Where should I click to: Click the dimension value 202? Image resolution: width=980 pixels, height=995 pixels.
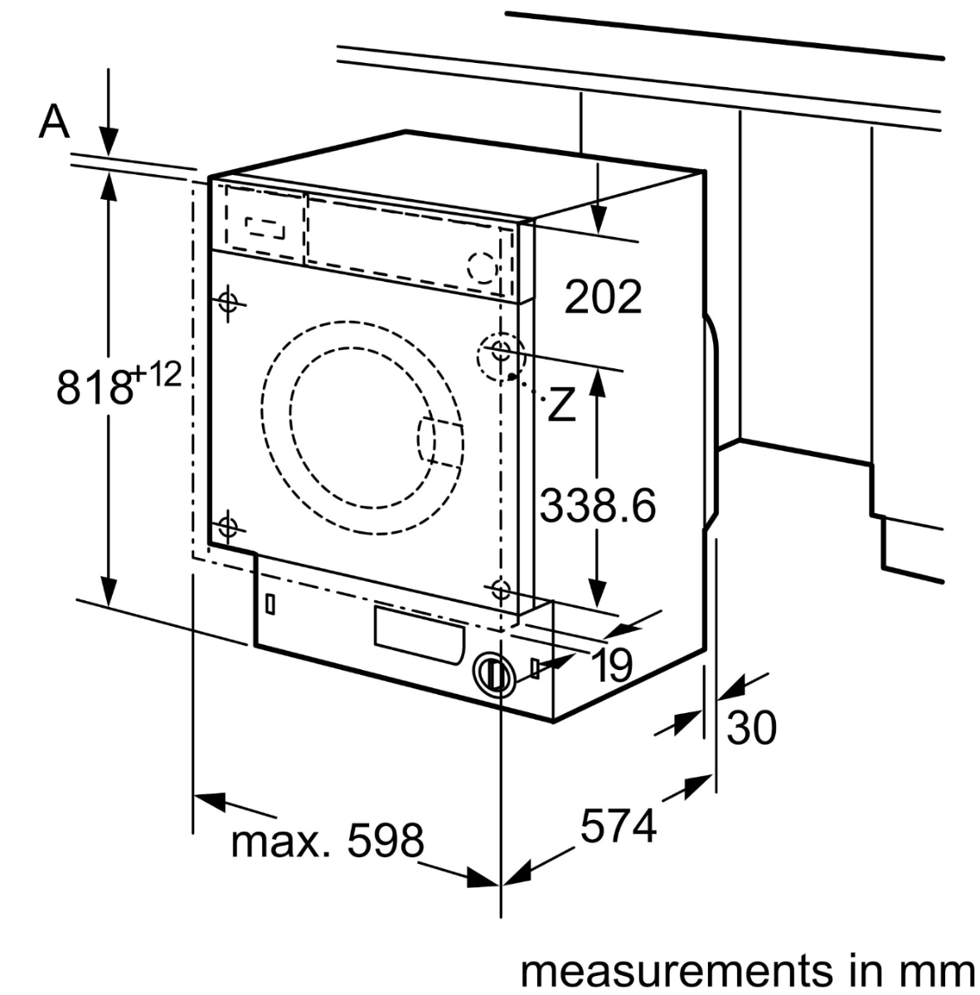coord(603,297)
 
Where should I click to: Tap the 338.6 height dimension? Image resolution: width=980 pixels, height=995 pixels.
coord(597,504)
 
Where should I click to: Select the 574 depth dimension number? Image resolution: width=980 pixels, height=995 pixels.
coord(618,826)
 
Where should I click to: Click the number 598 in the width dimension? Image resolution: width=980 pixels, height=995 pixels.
coord(385,841)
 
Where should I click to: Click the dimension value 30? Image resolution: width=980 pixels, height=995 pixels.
coord(751,727)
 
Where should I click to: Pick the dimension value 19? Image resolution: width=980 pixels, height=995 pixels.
coord(613,664)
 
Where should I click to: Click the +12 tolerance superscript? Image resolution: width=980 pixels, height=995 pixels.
coord(156,374)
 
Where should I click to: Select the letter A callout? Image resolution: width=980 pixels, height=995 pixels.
coord(55,122)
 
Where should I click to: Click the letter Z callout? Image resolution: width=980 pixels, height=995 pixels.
coord(561,405)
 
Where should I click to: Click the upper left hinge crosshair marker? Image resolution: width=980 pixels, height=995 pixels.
coord(228,302)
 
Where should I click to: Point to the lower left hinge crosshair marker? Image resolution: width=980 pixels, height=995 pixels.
coord(226,526)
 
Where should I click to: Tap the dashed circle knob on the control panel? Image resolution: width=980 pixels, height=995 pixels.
coord(481,267)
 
